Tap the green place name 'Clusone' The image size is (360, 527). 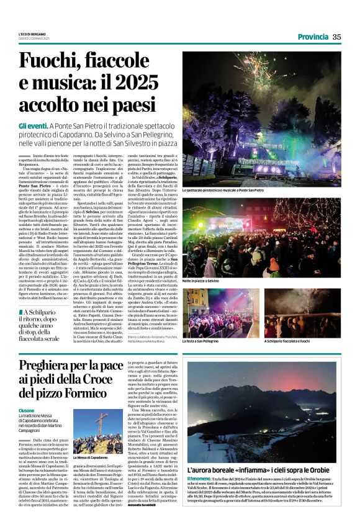pos(27,411)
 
